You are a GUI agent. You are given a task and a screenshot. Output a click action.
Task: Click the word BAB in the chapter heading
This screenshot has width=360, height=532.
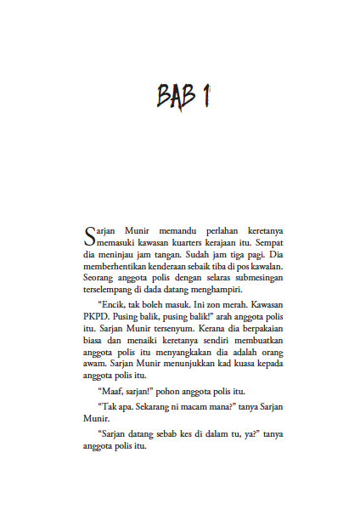coord(174,94)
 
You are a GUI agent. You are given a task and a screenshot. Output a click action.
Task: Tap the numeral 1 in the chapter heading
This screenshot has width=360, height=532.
coord(204,94)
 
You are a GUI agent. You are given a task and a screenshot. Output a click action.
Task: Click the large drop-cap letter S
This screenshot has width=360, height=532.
coord(91,234)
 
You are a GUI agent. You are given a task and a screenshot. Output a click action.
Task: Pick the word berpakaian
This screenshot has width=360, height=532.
coord(260,328)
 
